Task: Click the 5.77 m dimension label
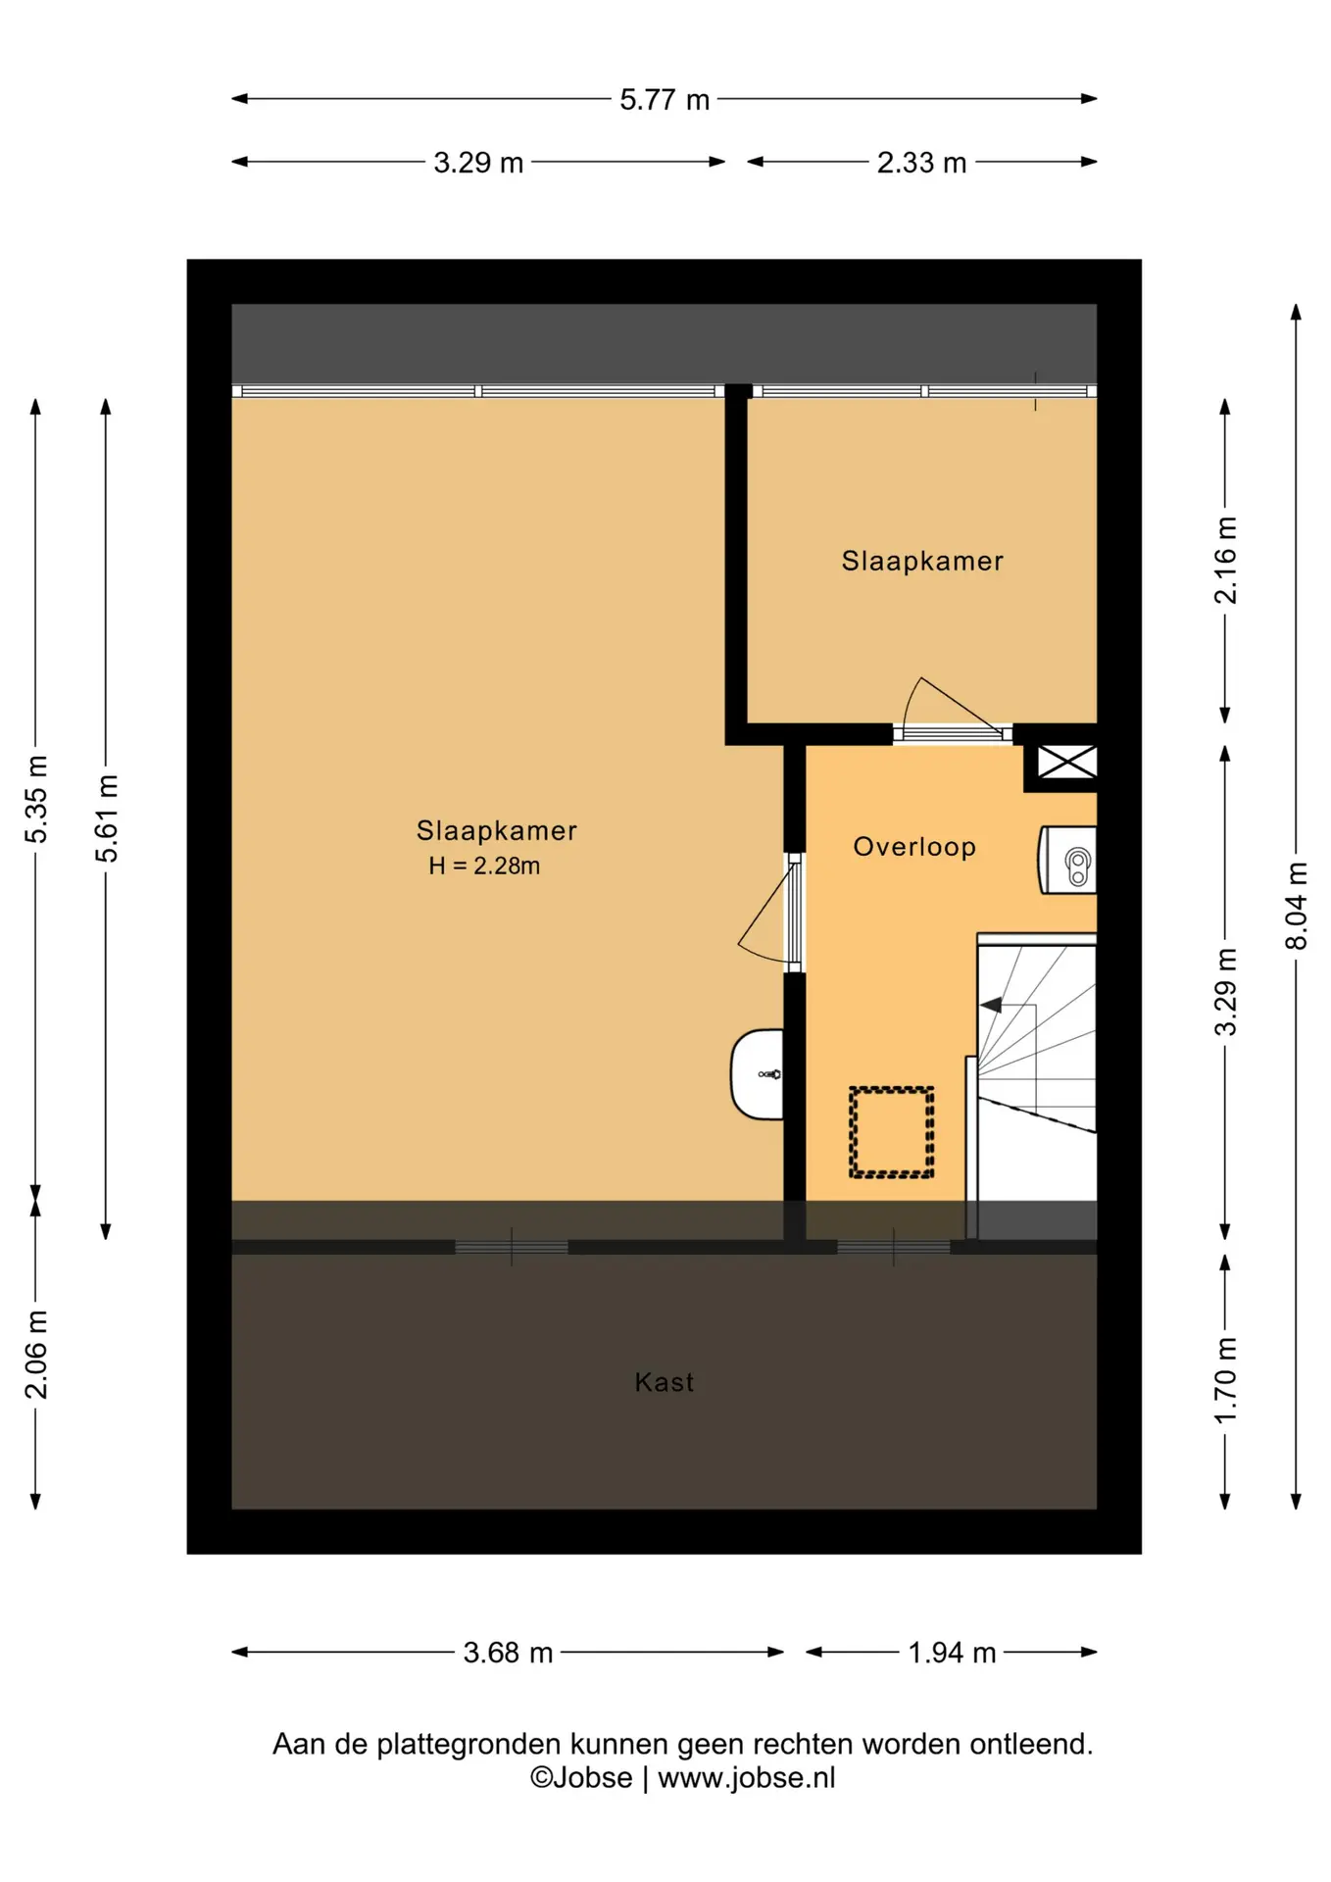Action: (664, 100)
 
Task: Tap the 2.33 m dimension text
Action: (921, 163)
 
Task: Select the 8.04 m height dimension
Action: (1296, 906)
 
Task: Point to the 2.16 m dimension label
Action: (1225, 561)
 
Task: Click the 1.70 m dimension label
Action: (1225, 1381)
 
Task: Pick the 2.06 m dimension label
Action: (35, 1355)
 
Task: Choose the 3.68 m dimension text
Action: (508, 1653)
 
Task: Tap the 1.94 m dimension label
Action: (952, 1653)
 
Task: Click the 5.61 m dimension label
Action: (106, 818)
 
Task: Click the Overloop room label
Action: (914, 847)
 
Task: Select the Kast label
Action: (665, 1382)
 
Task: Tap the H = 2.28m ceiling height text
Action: (484, 866)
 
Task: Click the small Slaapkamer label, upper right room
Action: (922, 561)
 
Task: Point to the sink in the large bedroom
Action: (758, 1074)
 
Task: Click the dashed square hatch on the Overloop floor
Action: (891, 1132)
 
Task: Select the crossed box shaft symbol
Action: (1066, 762)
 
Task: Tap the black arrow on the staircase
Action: (991, 1005)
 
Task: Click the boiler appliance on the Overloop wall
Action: (1067, 861)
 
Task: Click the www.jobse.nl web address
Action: (747, 1778)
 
